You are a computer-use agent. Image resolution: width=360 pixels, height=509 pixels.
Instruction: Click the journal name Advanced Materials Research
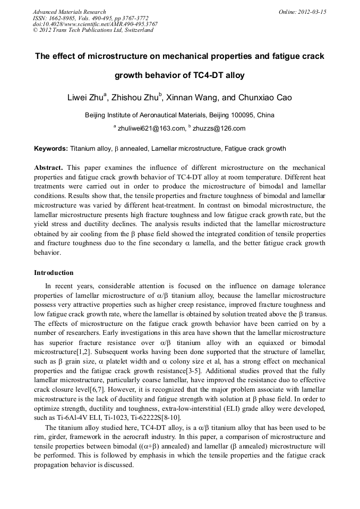click(69, 12)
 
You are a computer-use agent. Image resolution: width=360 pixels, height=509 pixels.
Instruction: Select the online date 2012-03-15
click(312, 12)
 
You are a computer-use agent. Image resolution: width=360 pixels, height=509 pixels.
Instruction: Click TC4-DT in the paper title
click(208, 75)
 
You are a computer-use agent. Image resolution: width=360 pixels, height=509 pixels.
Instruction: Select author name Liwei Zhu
click(85, 98)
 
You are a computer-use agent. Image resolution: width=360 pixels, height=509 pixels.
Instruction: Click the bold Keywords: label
click(51, 149)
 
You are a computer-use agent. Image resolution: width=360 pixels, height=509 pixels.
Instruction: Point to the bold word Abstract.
click(49, 167)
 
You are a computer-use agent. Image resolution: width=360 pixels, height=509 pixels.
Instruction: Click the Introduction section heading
click(54, 273)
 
